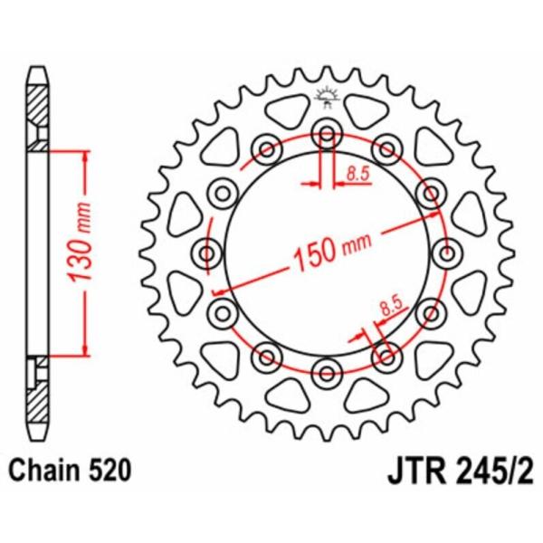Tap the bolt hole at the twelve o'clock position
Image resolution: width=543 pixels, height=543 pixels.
click(325, 135)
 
